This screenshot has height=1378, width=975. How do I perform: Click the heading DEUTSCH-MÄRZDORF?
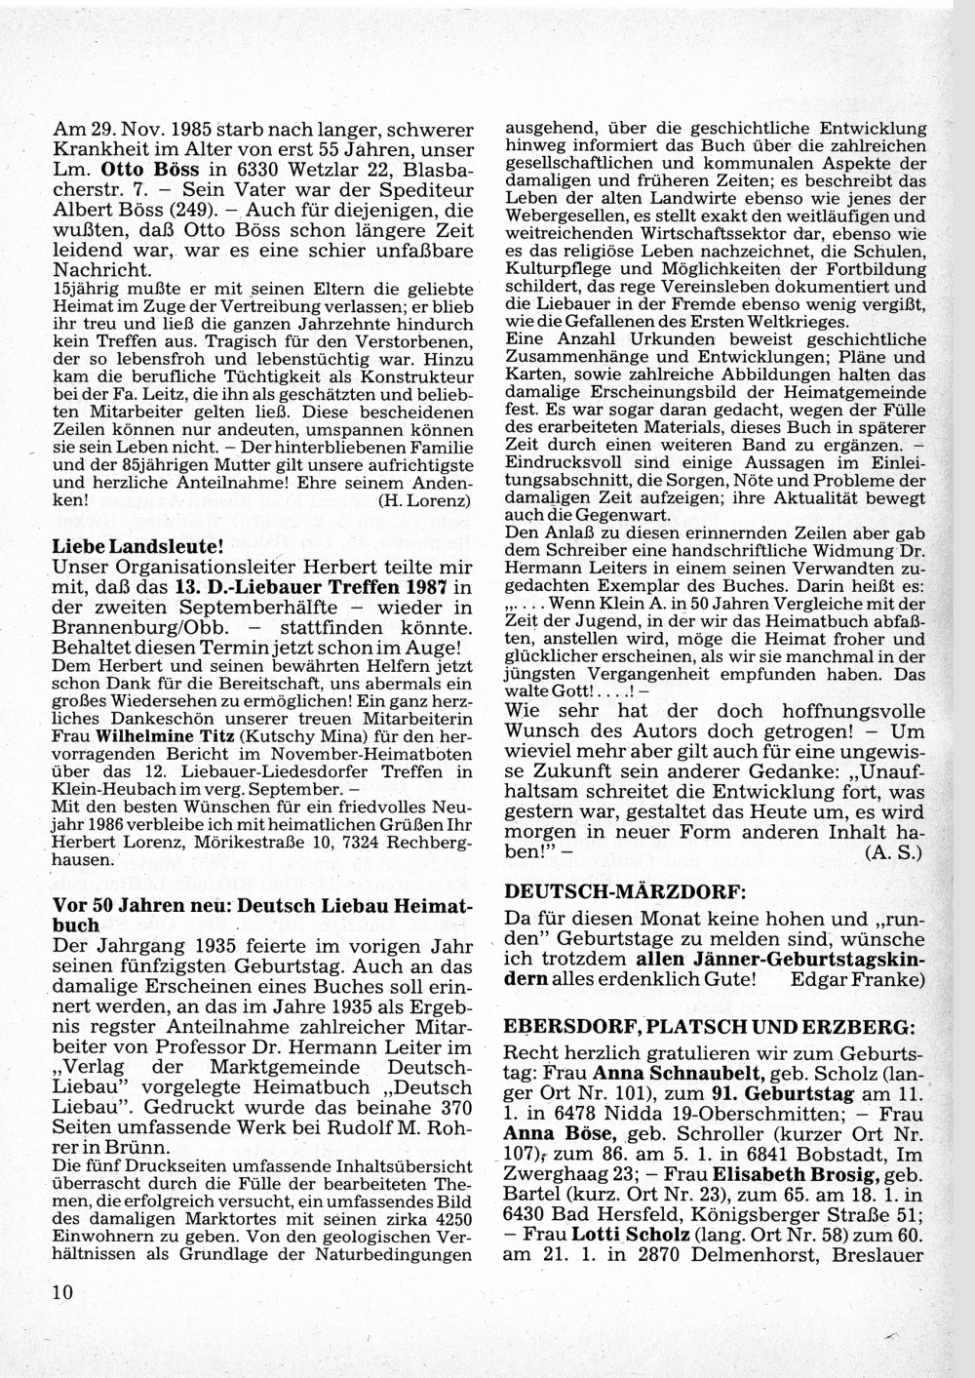pos(610,891)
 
